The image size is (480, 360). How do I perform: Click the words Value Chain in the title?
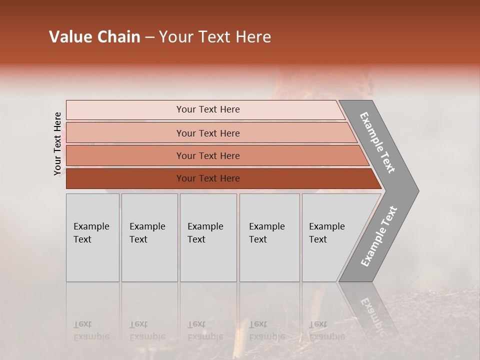pos(94,37)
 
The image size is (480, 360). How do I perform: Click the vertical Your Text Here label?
pos(57,143)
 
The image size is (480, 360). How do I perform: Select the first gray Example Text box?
pos(92,237)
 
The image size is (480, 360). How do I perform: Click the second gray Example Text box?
pos(149,237)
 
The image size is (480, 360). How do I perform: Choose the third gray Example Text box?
pos(208,237)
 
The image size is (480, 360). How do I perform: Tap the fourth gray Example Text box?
pos(269,237)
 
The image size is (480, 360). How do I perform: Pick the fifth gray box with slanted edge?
pos(330,237)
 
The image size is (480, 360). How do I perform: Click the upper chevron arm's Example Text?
pos(377,142)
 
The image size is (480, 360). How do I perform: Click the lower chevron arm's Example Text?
pos(379,236)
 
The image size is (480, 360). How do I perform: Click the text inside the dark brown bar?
pos(208,178)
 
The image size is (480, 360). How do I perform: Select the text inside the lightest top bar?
pos(208,109)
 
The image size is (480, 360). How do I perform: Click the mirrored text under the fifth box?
pos(326,330)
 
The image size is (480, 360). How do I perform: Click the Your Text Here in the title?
pos(215,37)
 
